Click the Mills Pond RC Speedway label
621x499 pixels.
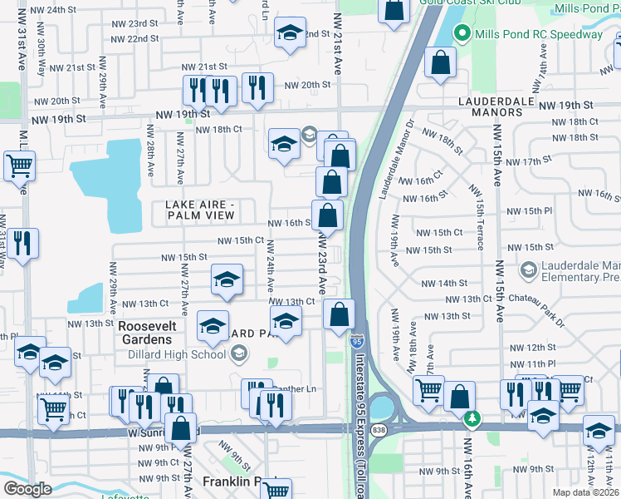coord(538,35)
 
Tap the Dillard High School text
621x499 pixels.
coord(177,355)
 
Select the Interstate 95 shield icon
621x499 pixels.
coord(356,341)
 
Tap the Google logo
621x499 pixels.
coord(27,489)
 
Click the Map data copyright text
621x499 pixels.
coord(584,492)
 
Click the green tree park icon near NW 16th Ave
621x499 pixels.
coord(473,417)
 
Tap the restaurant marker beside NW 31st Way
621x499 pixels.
coord(23,243)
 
